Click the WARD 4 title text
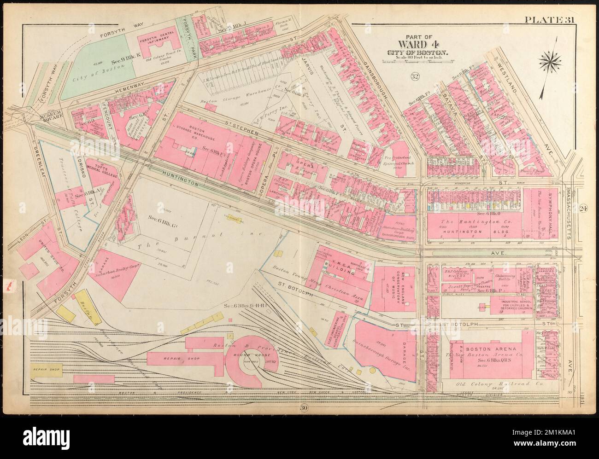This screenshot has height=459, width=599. coord(415,46)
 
